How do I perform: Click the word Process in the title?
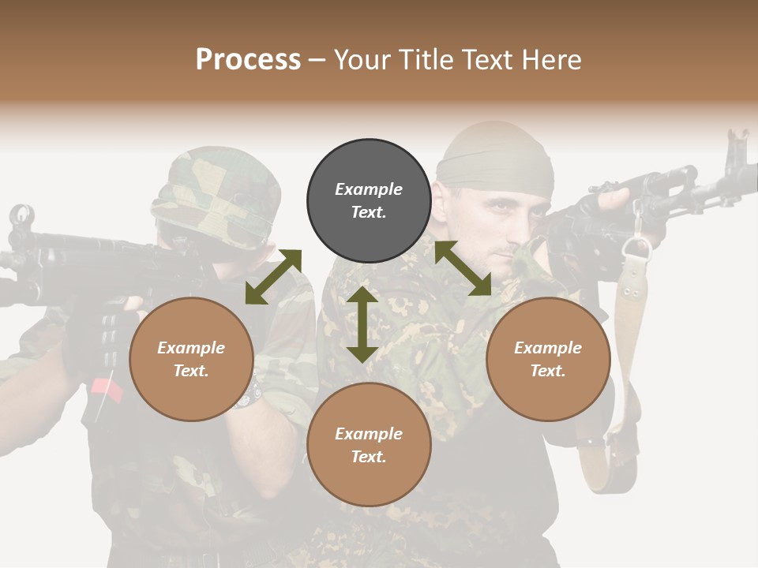click(x=248, y=60)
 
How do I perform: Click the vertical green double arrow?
click(x=362, y=324)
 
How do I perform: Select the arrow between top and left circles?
click(x=273, y=277)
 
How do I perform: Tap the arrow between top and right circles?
click(x=463, y=268)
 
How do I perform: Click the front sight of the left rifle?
click(x=21, y=215)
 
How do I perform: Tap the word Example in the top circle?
click(x=369, y=189)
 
